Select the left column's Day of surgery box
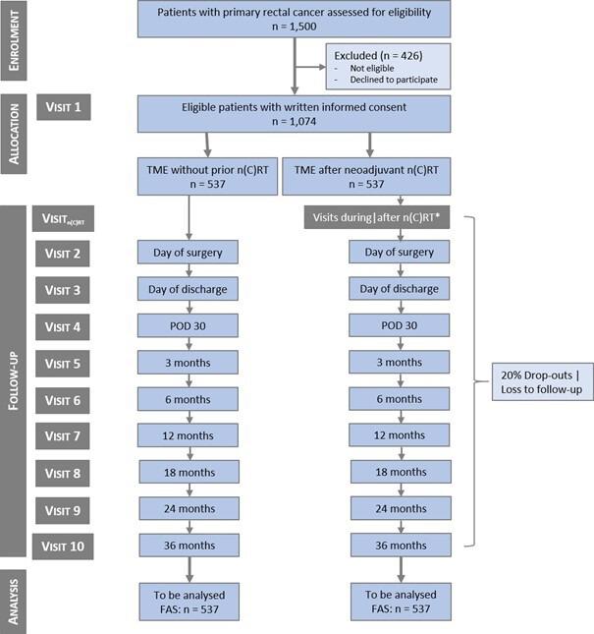coord(189,253)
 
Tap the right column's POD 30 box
coord(401,325)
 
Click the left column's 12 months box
coord(189,435)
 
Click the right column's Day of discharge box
coord(401,289)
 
